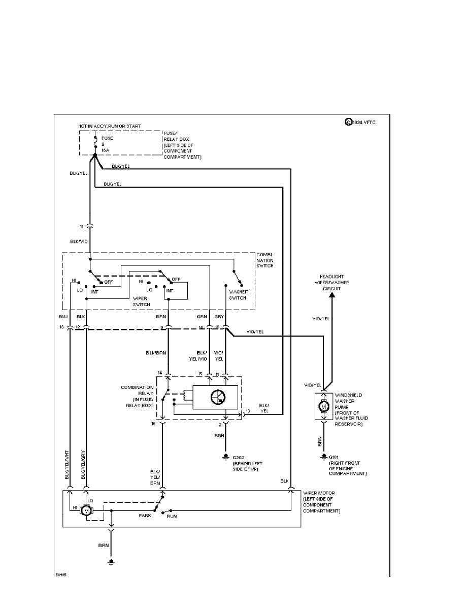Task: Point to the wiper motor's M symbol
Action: (87, 510)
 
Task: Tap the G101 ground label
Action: (336, 457)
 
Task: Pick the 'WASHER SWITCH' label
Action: (238, 295)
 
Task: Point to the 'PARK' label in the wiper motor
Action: (145, 516)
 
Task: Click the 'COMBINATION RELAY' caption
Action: (137, 396)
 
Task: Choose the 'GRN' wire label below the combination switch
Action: (202, 316)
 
